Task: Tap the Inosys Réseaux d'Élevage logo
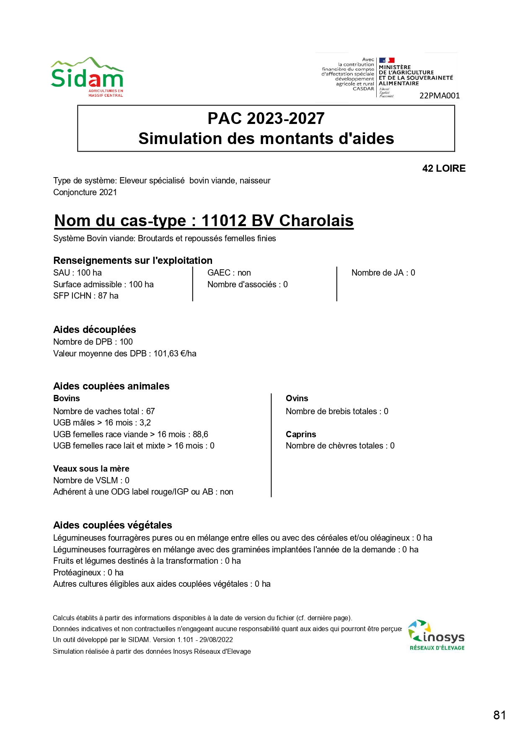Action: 437,635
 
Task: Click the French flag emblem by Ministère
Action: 386,60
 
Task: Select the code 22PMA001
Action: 440,95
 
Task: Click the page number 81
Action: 499,715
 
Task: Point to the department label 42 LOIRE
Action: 444,168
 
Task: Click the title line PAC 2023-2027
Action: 266,119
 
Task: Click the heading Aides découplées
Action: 95,330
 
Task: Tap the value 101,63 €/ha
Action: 175,353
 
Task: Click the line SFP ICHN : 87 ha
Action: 86,296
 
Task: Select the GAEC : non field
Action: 229,273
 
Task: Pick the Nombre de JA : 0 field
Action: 383,273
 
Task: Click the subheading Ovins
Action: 297,398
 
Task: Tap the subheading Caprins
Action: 301,434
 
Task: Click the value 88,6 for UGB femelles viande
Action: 200,434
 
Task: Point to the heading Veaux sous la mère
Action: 91,469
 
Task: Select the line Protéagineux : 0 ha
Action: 88,573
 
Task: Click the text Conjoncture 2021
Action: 85,192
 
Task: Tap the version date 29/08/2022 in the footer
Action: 216,640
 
